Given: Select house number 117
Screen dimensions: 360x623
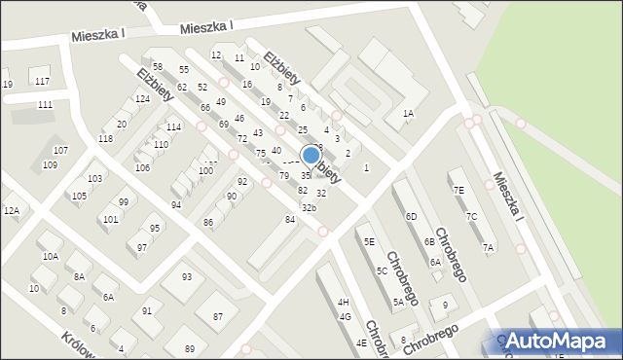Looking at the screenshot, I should [x=41, y=81].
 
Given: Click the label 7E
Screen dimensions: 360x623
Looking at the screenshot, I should [x=458, y=191].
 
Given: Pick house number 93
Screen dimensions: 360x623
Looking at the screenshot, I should [x=187, y=277].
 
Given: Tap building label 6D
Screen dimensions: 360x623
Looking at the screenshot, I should [x=411, y=216].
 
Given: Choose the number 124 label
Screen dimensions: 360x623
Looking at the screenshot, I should [x=142, y=99].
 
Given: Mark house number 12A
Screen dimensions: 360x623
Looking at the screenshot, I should [x=11, y=210].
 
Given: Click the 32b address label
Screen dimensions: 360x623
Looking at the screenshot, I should [x=309, y=208].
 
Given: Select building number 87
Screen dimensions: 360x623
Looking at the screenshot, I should [x=218, y=317].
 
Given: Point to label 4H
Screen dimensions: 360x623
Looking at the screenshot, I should [x=343, y=303].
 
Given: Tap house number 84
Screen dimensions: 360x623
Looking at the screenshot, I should [x=289, y=220].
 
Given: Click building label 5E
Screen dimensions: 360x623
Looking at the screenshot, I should [x=369, y=241].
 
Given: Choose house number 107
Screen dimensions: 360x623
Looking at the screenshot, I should [x=60, y=150].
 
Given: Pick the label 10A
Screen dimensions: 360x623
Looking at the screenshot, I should [x=50, y=256].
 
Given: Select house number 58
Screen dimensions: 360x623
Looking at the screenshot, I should [x=157, y=66].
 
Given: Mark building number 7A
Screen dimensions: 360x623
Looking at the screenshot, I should [x=488, y=248].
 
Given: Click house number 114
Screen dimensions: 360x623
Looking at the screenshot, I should [x=173, y=127].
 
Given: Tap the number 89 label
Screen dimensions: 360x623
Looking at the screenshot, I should [x=190, y=349].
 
